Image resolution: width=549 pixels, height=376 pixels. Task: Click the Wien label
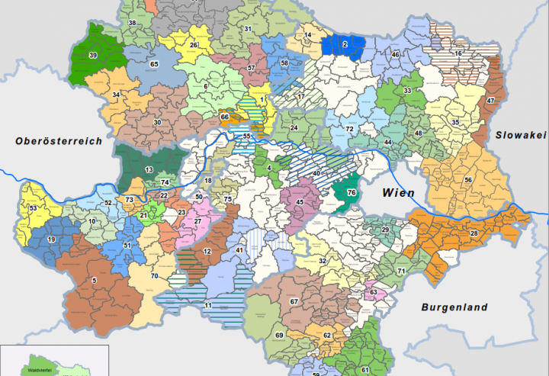[x=399, y=193]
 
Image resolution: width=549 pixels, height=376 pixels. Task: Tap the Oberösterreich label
[x=57, y=140]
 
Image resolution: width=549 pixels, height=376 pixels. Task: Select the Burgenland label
[x=453, y=308]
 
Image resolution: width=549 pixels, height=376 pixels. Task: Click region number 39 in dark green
[x=94, y=55]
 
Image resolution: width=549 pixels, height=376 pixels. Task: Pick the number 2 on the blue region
[x=345, y=45]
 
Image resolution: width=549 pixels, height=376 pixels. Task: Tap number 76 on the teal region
[x=352, y=193]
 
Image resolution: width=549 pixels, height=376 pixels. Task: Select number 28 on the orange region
[x=474, y=233]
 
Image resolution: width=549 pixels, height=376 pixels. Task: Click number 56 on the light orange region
[x=468, y=180]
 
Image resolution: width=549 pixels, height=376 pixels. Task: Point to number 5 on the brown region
[x=95, y=281]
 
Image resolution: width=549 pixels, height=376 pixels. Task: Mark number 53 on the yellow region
[x=33, y=208]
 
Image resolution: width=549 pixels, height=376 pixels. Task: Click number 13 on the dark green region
[x=149, y=169]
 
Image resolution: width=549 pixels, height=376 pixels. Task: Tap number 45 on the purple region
[x=300, y=202]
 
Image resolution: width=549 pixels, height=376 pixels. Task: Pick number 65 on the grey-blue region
[x=154, y=65]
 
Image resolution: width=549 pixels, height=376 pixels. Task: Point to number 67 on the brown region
[x=294, y=302]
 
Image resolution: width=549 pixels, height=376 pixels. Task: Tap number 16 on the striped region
[x=458, y=54]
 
